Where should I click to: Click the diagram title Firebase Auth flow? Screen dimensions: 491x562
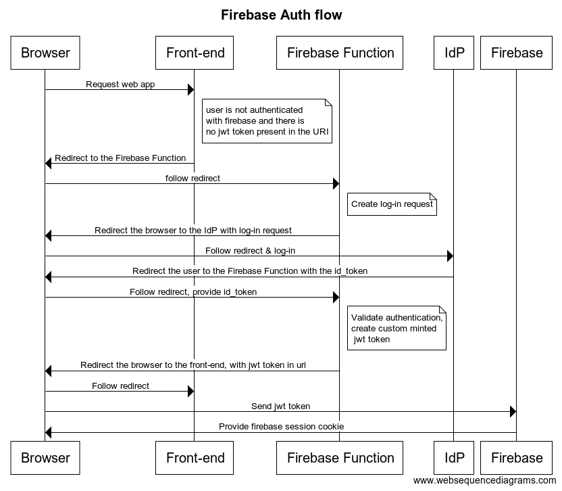coord(281,15)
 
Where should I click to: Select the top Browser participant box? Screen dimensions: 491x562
coord(45,53)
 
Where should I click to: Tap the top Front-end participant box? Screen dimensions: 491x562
coord(195,53)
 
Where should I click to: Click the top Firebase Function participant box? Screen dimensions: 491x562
coord(340,53)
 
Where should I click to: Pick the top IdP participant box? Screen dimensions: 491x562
coord(454,53)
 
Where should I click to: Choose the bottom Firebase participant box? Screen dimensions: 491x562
coord(517,458)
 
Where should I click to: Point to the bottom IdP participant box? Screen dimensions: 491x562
coord(454,458)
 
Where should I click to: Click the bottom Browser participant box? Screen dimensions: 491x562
coord(45,458)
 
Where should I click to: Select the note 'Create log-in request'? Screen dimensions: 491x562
coord(392,204)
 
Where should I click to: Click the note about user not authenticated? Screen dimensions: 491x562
coord(267,121)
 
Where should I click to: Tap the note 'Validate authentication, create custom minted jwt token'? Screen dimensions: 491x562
coord(397,328)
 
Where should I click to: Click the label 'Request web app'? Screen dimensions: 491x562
coord(120,85)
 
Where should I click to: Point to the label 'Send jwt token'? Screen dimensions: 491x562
coord(280,406)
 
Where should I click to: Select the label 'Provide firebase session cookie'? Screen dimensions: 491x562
coord(281,427)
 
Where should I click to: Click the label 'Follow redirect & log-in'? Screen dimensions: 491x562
coord(250,251)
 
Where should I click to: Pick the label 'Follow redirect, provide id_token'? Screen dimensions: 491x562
coord(193,292)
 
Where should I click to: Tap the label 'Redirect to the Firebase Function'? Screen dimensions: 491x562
coord(120,158)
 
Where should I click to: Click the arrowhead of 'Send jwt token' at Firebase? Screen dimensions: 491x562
coord(513,412)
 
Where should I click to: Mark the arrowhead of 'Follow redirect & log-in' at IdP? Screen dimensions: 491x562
coord(449,256)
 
